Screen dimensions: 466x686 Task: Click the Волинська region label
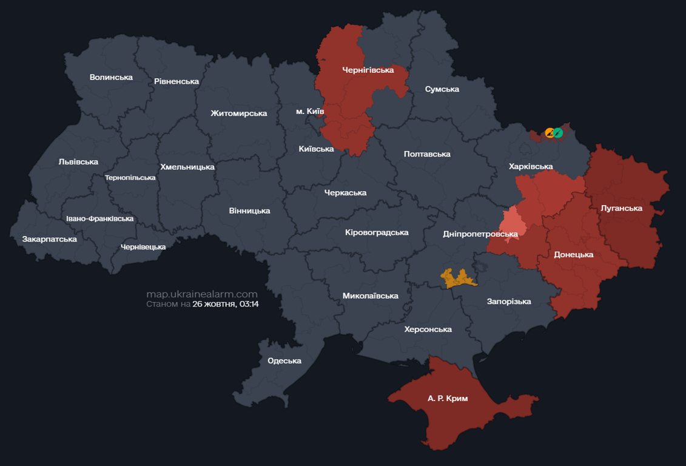point(111,77)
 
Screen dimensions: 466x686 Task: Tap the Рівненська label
point(177,81)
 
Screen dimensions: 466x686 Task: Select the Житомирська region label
point(239,113)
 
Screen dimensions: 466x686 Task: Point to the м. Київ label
point(310,112)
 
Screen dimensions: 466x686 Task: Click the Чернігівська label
point(368,70)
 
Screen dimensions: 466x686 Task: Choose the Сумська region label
point(442,89)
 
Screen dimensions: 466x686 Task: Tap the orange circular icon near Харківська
point(550,133)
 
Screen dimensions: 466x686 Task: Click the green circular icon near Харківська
point(558,133)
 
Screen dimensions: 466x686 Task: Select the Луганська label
point(622,209)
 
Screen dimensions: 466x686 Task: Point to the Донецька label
point(574,255)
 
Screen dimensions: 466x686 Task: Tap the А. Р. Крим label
point(448,399)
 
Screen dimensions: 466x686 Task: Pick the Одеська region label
point(284,361)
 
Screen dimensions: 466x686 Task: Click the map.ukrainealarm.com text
point(202,294)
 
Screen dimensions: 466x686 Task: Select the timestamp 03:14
point(249,304)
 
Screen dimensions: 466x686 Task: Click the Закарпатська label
point(50,239)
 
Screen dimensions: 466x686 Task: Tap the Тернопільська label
point(130,178)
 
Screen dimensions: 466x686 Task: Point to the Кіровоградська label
point(377,232)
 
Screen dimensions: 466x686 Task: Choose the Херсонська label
point(428,329)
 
